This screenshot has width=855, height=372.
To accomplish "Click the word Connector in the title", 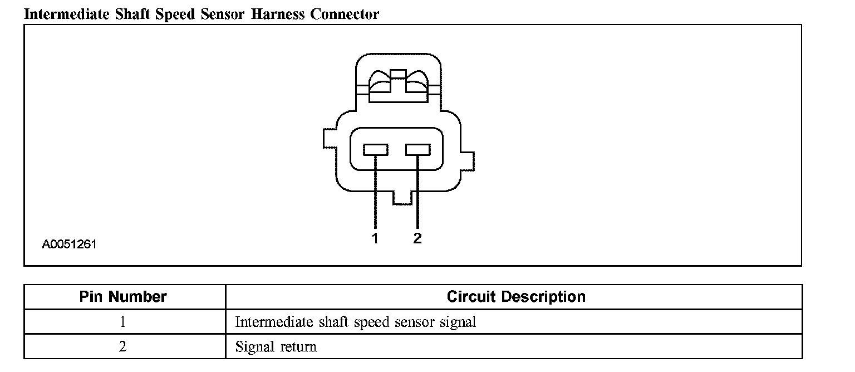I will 345,14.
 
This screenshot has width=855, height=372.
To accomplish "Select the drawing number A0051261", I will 69,244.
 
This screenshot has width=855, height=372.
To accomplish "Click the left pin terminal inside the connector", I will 375,149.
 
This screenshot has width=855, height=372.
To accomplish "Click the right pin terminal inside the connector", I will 417,149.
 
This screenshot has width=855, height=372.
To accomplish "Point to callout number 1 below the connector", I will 375,239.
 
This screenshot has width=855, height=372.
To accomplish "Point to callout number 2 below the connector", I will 417,239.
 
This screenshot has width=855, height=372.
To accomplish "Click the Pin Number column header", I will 123,297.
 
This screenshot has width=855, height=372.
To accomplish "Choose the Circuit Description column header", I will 515,297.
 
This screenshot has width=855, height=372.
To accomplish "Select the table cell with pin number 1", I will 123,322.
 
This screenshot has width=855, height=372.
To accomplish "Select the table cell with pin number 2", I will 123,347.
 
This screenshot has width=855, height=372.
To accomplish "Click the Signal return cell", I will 276,347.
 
